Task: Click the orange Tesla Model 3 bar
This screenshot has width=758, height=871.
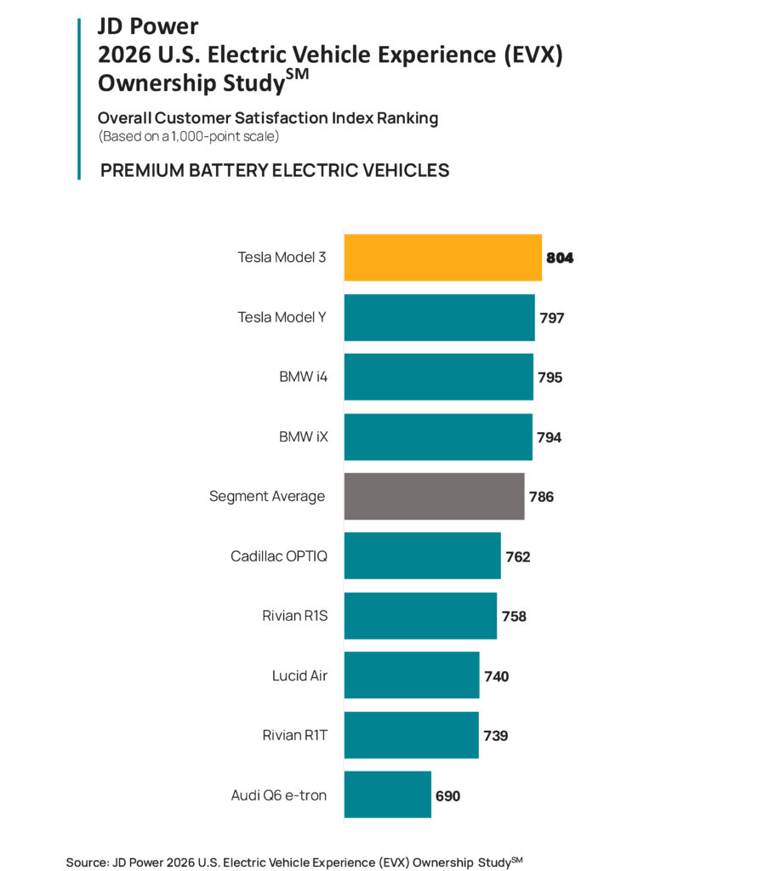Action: [x=442, y=257]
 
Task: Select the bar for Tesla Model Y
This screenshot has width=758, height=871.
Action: [x=439, y=317]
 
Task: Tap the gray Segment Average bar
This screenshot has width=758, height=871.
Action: [x=434, y=496]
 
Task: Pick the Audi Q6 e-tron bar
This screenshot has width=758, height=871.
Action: [x=387, y=794]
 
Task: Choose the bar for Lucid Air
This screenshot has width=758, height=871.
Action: [x=412, y=675]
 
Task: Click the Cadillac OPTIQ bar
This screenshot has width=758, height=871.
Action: [x=422, y=556]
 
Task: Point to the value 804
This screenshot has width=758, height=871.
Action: [x=560, y=258]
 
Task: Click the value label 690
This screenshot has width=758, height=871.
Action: [x=447, y=796]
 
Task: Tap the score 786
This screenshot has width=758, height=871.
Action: [x=541, y=497]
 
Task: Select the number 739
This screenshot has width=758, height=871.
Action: [x=495, y=736]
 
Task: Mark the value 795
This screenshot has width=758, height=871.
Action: [x=550, y=378]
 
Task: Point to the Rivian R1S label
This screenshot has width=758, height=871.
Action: [x=294, y=616]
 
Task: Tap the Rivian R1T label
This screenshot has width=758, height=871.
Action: [x=294, y=735]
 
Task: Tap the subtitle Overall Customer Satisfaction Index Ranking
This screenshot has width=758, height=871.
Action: [x=268, y=118]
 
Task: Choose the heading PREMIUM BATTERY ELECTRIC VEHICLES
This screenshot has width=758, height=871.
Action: [x=275, y=170]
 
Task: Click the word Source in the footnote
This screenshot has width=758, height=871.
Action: [x=86, y=862]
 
